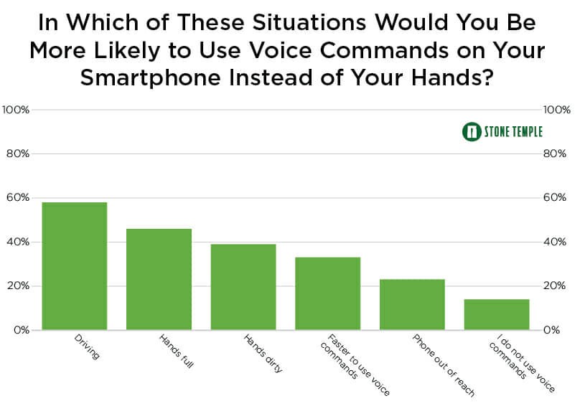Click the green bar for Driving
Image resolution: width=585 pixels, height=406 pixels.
pyautogui.click(x=75, y=266)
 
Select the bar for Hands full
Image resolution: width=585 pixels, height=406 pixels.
pyautogui.click(x=159, y=279)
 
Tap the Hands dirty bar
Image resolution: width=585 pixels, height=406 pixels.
pyautogui.click(x=243, y=287)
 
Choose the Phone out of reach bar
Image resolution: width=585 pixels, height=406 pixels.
pyautogui.click(x=412, y=304)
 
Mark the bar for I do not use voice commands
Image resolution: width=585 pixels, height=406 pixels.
pyautogui.click(x=497, y=314)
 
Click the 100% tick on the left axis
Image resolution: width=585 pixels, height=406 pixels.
pyautogui.click(x=16, y=110)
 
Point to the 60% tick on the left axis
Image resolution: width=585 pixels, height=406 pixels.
pyautogui.click(x=17, y=198)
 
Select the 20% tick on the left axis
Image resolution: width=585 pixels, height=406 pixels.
pyautogui.click(x=17, y=286)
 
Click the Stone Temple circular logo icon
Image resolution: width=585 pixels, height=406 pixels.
pyautogui.click(x=472, y=132)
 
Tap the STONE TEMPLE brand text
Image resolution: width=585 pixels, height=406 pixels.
pyautogui.click(x=514, y=132)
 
